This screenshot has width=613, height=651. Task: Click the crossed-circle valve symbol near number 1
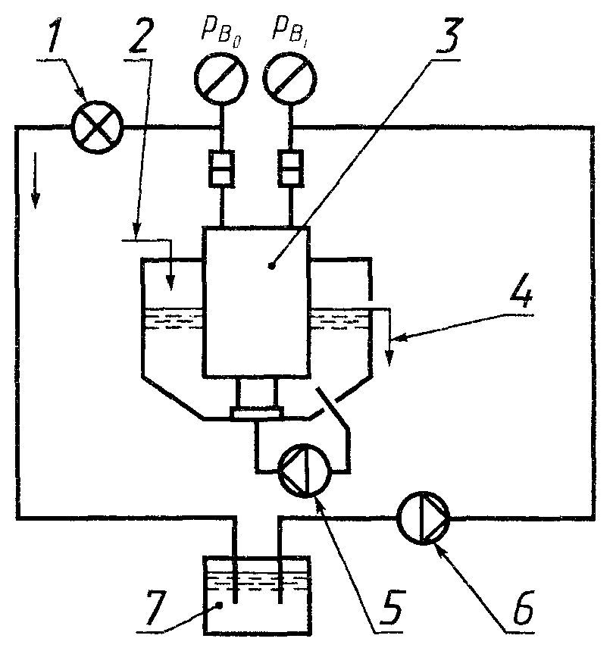[x=97, y=127]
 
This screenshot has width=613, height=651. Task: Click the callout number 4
[x=521, y=290]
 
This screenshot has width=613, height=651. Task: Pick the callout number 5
[x=390, y=606]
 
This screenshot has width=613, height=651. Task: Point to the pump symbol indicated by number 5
[x=305, y=470]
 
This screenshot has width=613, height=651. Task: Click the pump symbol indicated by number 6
[x=423, y=518]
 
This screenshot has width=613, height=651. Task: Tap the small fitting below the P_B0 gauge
[x=220, y=167]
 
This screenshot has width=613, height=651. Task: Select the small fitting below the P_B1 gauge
[x=290, y=167]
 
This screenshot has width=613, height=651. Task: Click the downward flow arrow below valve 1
[x=36, y=180]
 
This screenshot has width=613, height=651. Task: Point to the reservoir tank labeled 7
[x=258, y=594]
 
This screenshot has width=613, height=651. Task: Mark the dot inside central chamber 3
[x=271, y=266]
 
